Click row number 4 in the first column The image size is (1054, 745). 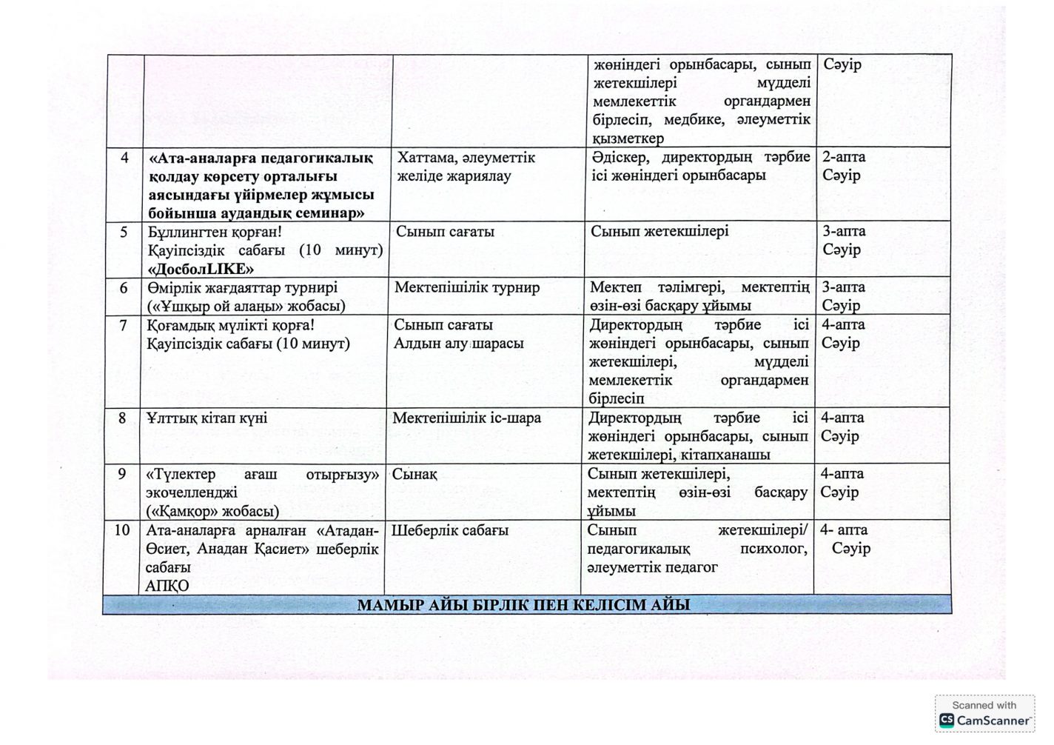(124, 158)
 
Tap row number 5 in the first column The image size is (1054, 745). (124, 232)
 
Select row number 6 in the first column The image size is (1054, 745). (124, 287)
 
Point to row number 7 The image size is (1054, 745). (123, 325)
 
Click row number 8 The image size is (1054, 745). (123, 418)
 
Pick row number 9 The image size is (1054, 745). (122, 474)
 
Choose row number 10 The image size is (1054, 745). (122, 530)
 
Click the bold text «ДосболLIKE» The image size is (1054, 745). (196, 269)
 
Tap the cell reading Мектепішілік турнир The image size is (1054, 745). (467, 287)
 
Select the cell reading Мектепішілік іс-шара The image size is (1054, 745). (466, 418)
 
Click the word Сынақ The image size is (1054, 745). (414, 474)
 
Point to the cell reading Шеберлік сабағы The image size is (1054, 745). (449, 530)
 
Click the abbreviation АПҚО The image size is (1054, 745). (168, 586)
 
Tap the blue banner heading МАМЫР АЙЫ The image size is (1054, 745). (523, 605)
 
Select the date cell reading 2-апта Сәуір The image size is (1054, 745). (843, 167)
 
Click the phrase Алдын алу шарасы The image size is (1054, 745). (458, 344)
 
